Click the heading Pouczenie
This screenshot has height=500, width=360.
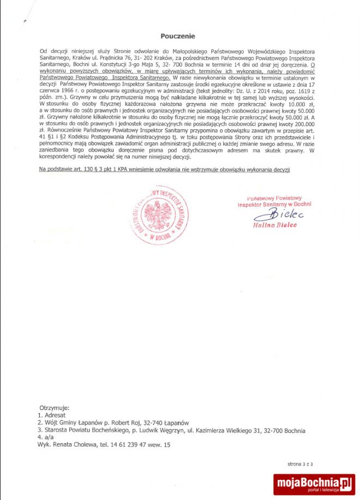pos(177,36)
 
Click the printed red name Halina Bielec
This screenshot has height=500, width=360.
pos(275,225)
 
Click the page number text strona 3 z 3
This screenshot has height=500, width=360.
pos(301,464)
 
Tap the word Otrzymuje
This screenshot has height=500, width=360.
pos(55,408)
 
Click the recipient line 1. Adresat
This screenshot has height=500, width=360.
pos(51,415)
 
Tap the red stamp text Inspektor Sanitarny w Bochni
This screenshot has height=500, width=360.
pos(274,204)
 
